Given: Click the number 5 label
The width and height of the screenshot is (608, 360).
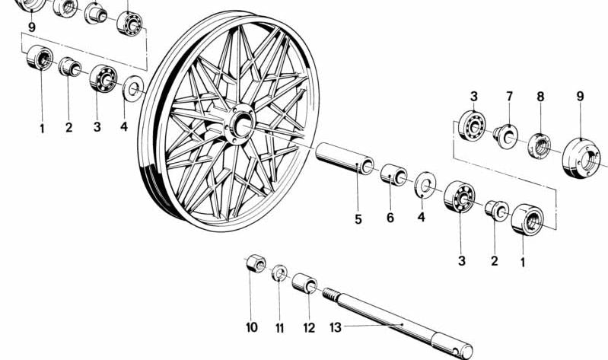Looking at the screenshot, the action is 358,219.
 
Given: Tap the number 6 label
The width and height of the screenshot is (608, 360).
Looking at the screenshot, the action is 390,218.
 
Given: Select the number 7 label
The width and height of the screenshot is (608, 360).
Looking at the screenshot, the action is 509,96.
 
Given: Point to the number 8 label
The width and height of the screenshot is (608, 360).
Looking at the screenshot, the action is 540,97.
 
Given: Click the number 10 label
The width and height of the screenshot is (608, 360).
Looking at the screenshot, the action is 252,327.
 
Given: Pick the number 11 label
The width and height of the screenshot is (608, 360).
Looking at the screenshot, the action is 279,328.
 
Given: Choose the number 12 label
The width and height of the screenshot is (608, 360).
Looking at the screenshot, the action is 309,328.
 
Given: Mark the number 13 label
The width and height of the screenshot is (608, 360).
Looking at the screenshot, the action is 336,327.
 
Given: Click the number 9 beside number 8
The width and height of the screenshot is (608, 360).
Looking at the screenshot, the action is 580,96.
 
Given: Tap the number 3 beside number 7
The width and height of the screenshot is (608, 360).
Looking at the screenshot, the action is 474,96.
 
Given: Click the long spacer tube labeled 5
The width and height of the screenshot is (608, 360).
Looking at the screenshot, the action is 344,158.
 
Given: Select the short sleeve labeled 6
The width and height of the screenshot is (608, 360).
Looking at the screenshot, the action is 393,174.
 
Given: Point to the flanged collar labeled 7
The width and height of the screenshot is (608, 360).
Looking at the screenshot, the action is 505,136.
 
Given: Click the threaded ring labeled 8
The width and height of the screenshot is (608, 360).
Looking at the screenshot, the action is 539,145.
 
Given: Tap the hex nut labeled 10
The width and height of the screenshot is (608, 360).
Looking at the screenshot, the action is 256,264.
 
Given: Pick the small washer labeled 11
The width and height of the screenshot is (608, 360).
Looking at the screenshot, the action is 279,272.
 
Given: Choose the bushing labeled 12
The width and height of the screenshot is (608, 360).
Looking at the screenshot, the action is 304,283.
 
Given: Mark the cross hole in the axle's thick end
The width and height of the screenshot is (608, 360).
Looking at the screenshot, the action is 457,351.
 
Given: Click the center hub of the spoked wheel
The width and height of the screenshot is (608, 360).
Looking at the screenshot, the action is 240,124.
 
